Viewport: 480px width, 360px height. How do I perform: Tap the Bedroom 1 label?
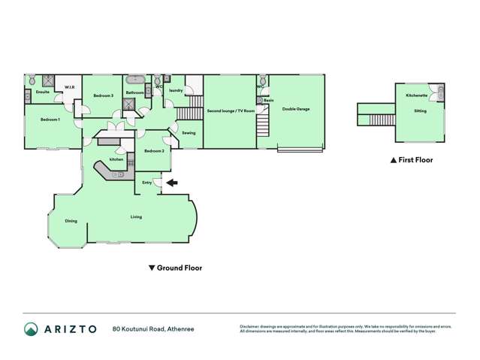(50, 120)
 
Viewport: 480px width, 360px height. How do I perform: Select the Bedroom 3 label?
(103, 96)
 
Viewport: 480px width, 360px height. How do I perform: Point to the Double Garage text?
(296, 109)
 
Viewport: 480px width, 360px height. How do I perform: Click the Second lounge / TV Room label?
(231, 110)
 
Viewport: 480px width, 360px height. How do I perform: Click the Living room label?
(136, 216)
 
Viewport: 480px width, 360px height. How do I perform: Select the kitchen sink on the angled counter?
(119, 174)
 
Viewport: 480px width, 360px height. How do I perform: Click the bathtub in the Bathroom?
(136, 78)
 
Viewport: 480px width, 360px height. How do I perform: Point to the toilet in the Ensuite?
(33, 80)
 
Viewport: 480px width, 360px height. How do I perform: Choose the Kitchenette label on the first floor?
(417, 95)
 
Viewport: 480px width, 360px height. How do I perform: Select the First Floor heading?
(411, 160)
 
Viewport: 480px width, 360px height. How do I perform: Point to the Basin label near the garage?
(268, 101)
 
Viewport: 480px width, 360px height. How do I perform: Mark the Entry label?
(147, 182)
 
